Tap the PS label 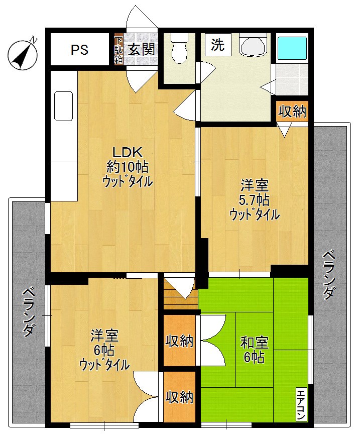point(79,50)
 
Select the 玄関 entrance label point(141,49)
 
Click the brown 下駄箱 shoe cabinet point(118,49)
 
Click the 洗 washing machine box point(217,45)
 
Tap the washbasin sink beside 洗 point(254,46)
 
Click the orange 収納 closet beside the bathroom point(292,112)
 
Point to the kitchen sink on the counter point(64,105)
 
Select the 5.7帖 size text point(254,199)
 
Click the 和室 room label point(255,343)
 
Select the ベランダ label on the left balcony point(29,311)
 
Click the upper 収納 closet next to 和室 point(180,341)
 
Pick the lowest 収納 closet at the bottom point(180,397)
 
